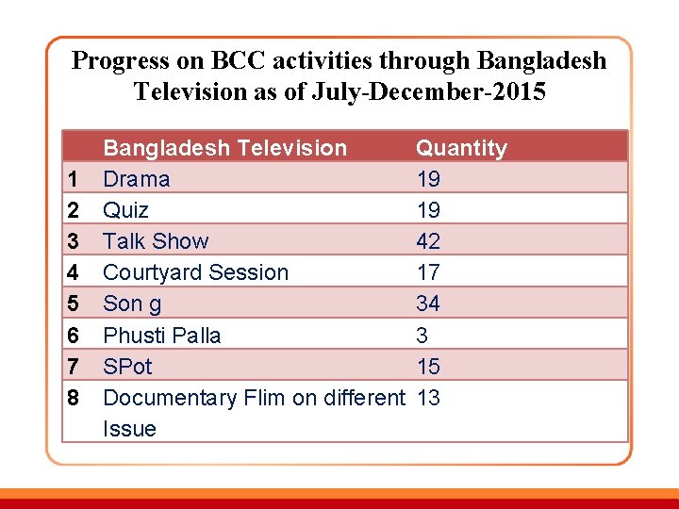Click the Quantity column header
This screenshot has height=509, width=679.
point(461,148)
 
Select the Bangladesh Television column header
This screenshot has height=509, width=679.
point(224,148)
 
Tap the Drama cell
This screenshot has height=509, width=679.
point(137,179)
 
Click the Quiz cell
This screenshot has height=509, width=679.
point(125,210)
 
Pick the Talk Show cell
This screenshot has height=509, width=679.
point(156,241)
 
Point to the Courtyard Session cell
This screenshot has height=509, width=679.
point(195,272)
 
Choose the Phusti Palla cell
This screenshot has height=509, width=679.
point(161,335)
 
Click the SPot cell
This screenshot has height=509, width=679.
point(127,366)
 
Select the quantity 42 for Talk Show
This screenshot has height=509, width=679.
point(428,241)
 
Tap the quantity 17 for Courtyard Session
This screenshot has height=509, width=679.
point(428,272)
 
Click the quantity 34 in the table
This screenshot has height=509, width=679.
point(428,304)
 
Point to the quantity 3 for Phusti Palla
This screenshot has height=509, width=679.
point(422,335)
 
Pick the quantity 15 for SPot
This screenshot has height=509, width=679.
point(428,366)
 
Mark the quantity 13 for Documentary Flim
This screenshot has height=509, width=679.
point(428,397)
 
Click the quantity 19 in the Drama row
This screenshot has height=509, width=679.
point(428,179)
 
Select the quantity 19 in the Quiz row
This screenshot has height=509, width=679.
point(428,210)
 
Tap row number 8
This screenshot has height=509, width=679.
point(73,397)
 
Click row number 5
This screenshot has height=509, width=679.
point(73,304)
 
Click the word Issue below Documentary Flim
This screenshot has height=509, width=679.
point(129,428)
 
